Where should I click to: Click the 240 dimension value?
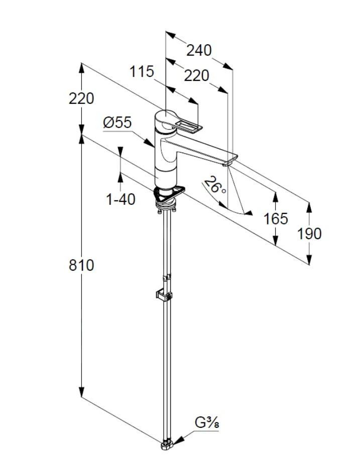(199, 50)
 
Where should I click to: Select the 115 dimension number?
(142, 72)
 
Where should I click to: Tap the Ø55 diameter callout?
(117, 123)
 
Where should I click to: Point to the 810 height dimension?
(81, 265)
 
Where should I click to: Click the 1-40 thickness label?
(121, 199)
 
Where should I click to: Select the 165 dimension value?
(276, 218)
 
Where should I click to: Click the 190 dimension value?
(309, 234)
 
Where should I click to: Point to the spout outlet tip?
(229, 161)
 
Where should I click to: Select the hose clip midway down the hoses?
(165, 294)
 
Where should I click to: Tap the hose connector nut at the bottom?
(168, 444)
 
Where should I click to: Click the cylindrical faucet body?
(166, 161)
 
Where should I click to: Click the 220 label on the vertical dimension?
(81, 98)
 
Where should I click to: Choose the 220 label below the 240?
(196, 75)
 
